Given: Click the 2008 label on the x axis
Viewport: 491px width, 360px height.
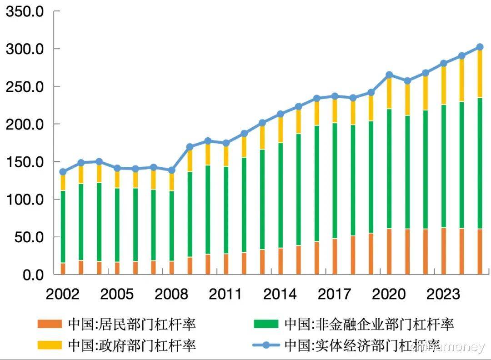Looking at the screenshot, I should point(171,294).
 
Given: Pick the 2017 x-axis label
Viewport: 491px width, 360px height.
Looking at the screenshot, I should point(335,294).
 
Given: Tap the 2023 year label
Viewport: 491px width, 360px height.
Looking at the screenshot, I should point(443,294).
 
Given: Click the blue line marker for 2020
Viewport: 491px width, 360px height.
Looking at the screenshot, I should point(389,75).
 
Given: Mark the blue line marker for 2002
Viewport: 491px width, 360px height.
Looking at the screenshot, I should point(63,172).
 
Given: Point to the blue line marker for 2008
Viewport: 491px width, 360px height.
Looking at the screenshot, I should point(171,170).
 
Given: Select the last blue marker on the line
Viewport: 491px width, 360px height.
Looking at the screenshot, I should point(480,47).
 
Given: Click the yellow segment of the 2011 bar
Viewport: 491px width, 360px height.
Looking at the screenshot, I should point(226,155).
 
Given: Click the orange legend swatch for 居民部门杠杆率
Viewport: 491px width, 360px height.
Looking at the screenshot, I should point(50,325).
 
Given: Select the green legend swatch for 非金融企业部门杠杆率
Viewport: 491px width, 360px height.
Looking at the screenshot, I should point(266,325).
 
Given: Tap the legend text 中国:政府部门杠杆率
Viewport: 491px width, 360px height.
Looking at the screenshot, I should point(132,345).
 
